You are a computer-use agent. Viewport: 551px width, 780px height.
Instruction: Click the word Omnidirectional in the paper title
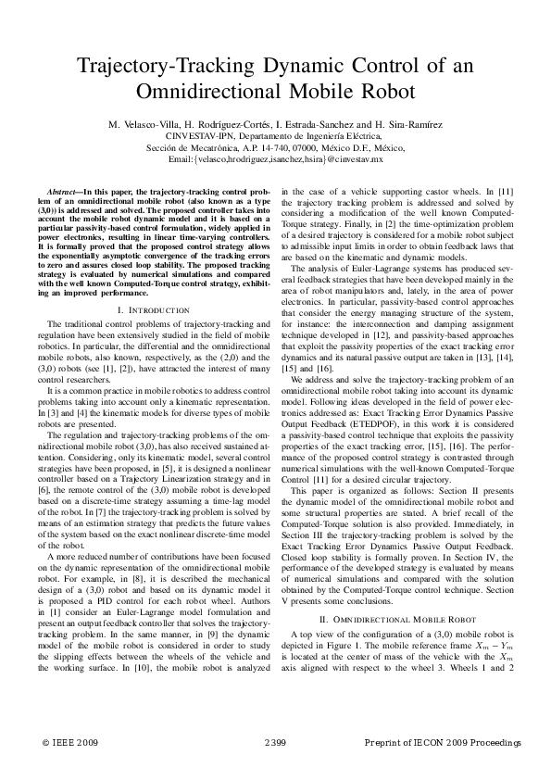[208, 93]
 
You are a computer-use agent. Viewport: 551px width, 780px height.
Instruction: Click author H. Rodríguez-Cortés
[227, 124]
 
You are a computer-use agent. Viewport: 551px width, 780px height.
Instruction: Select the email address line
[275, 158]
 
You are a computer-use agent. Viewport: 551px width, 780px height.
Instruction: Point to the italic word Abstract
[63, 189]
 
